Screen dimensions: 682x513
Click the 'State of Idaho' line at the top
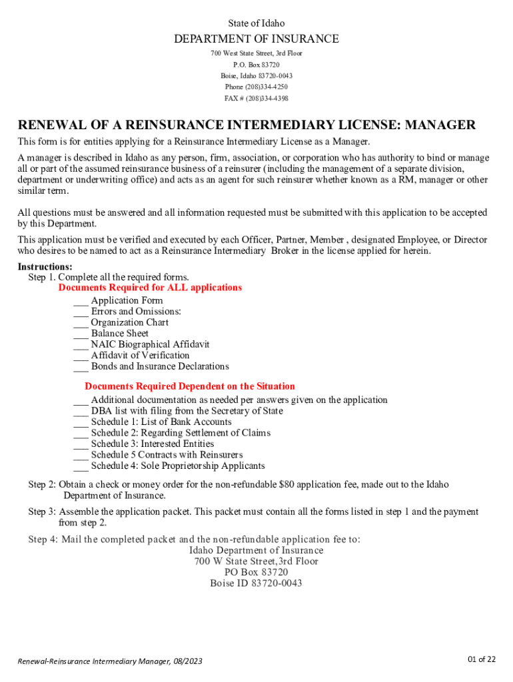coord(256,23)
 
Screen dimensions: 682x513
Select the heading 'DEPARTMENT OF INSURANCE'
coord(256,39)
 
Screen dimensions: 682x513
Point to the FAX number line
coord(256,99)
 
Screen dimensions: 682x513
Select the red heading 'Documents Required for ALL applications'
coord(150,288)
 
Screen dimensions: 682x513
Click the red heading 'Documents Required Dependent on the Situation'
coord(189,386)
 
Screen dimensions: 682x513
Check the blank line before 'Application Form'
coord(81,301)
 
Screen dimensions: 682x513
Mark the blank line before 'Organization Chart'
coord(81,323)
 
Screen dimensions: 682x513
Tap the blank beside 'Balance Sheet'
coord(81,334)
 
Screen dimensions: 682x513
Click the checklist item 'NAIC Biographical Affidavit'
coord(150,344)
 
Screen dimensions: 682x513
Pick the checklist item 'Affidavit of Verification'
coord(140,356)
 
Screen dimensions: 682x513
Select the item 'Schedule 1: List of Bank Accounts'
coord(161,422)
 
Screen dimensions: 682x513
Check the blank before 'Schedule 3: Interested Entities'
coord(81,444)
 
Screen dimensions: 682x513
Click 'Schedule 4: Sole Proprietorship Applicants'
coord(178,466)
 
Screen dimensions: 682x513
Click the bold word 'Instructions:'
coord(45,266)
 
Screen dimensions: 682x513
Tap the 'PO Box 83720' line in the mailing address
coord(256,572)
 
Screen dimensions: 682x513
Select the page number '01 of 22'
coord(481,659)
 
